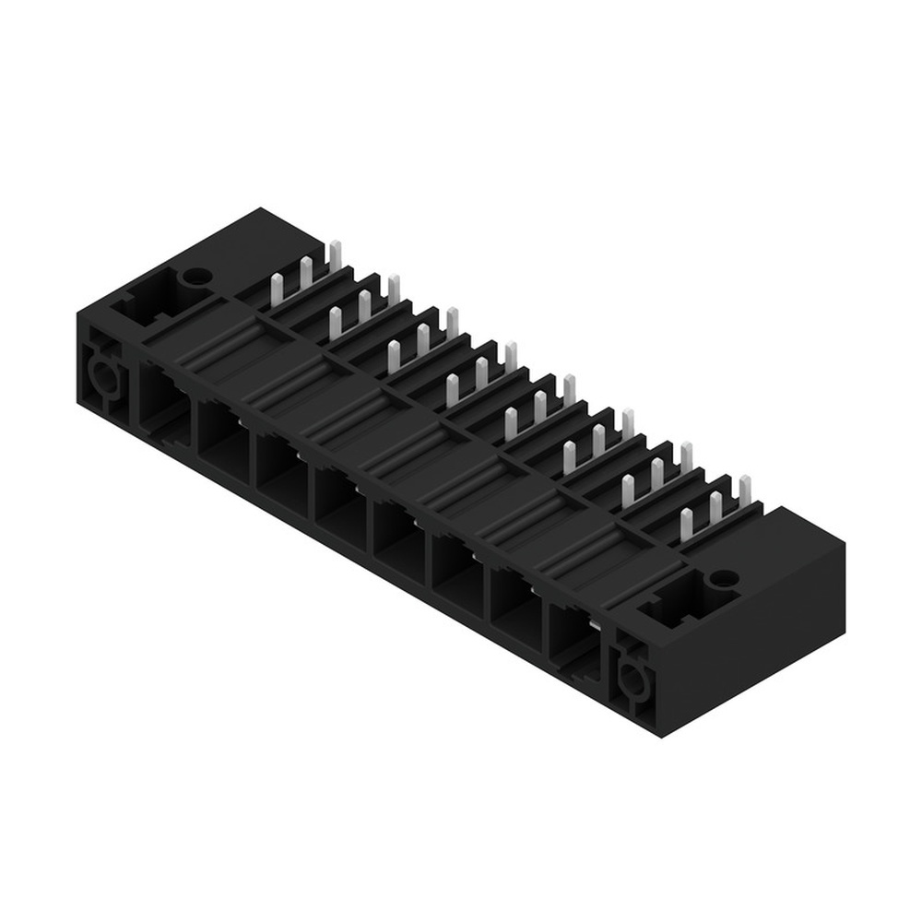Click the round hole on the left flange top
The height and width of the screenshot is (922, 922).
(x=195, y=276)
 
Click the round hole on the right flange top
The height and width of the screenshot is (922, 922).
(x=725, y=578)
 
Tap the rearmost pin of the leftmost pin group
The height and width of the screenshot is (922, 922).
(x=335, y=257)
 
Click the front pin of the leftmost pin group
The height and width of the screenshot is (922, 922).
(x=276, y=290)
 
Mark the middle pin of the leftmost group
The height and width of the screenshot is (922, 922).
(x=305, y=274)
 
